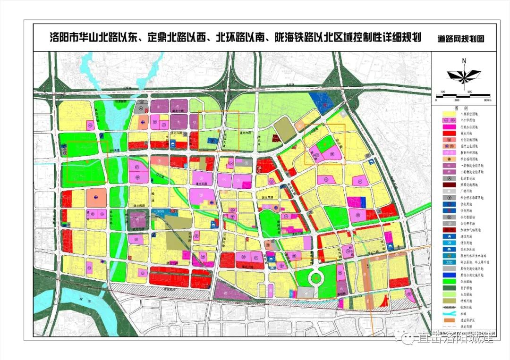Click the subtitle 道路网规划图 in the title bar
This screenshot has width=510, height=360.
click(x=461, y=40)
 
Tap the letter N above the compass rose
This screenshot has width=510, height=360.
click(x=464, y=60)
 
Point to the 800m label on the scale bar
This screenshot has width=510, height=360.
click(x=487, y=100)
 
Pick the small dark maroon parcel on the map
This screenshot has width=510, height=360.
click(x=275, y=139)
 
